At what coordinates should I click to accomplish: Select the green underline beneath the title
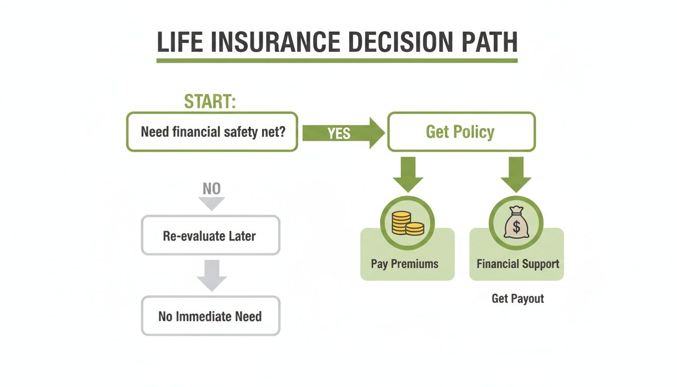[x=336, y=60]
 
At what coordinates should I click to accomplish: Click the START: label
[x=210, y=102]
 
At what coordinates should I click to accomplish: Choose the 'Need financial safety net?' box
[x=212, y=132]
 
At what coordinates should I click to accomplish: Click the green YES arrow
[x=343, y=133]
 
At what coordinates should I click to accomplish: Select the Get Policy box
[x=460, y=132]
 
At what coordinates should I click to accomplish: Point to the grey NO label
[x=211, y=189]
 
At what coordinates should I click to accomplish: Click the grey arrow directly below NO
[x=211, y=204]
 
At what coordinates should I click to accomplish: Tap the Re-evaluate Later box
[x=210, y=235]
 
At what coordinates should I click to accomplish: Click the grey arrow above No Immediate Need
[x=211, y=275]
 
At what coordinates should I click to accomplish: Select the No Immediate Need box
[x=210, y=316]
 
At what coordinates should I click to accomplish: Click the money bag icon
[x=516, y=223]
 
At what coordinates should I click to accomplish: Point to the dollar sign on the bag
[x=516, y=227]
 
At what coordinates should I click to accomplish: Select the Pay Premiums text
[x=404, y=264]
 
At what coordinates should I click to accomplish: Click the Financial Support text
[x=518, y=264]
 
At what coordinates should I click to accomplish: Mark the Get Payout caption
[x=518, y=298]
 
